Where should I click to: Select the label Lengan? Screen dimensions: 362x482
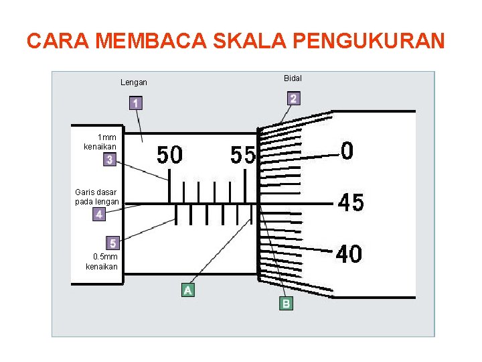134,82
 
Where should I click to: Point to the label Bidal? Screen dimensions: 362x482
293,78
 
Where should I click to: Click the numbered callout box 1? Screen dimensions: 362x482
136,103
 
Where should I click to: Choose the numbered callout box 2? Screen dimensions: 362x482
293,99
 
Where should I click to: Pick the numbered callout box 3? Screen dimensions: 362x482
109,160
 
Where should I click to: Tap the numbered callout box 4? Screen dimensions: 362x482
99,215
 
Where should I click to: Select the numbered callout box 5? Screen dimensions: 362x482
113,243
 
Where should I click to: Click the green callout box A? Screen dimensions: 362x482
189,290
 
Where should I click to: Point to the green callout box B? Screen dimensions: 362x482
286,304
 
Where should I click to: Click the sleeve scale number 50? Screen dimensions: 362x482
169,156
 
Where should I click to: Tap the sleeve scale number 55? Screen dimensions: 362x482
243,156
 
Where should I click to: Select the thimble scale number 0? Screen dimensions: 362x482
347,151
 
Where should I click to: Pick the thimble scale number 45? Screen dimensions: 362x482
351,202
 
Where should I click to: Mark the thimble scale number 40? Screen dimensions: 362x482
349,254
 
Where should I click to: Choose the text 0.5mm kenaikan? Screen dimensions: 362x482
102,261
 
